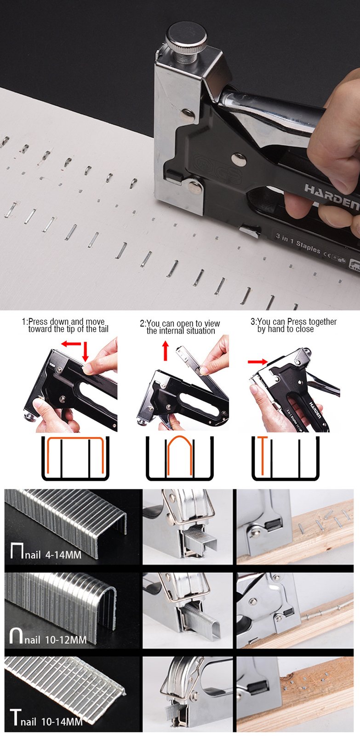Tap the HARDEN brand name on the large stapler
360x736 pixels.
point(332,196)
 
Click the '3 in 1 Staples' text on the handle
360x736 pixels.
point(298,243)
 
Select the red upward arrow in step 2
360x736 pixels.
point(166,351)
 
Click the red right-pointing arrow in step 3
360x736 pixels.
point(258,362)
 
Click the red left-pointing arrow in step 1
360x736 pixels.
point(71,344)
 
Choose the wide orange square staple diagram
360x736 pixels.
point(75,455)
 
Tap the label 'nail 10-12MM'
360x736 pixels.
point(56,640)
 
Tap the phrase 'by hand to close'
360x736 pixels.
point(286,329)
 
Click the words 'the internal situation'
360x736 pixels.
point(181,331)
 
